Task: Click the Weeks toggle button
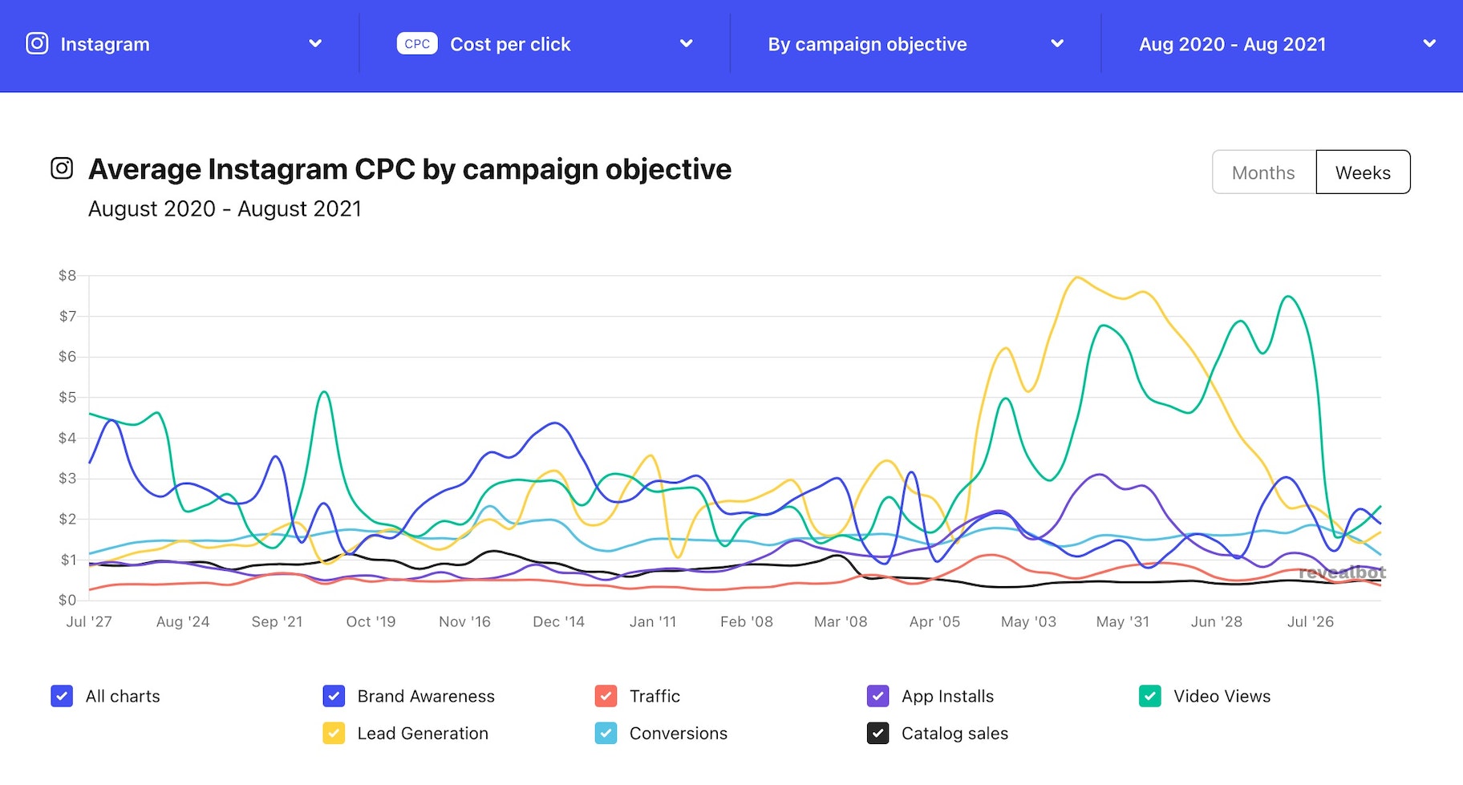tap(1363, 172)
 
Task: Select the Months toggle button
tap(1263, 172)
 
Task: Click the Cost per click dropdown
tap(545, 44)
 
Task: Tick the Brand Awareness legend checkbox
tap(334, 696)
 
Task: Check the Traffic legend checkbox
tap(606, 696)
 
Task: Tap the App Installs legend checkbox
tap(877, 696)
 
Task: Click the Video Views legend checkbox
tap(1149, 696)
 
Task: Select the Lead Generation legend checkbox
tap(334, 733)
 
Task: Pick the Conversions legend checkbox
tap(606, 733)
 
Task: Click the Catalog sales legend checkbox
tap(877, 733)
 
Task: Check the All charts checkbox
tap(62, 696)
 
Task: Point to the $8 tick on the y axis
tap(67, 276)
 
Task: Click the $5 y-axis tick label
tap(67, 398)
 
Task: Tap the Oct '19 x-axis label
tap(371, 621)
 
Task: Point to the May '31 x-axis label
tap(1122, 621)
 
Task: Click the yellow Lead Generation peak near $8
tap(1076, 278)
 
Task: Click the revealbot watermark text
tap(1342, 573)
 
